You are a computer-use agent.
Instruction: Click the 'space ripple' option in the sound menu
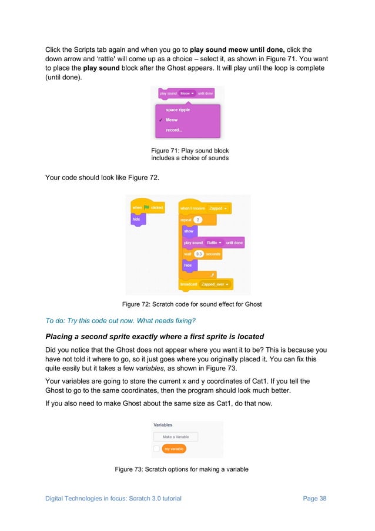pos(178,109)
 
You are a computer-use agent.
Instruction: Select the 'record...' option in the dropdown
pos(174,130)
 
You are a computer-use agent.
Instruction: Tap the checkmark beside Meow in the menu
pos(159,120)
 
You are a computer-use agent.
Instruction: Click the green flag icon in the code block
pos(147,208)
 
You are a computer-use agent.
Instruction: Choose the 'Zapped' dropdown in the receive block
pos(218,208)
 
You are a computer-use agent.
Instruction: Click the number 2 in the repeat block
pos(198,220)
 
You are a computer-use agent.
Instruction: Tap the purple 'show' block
pos(189,231)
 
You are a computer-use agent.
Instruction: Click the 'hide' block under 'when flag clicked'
pos(136,219)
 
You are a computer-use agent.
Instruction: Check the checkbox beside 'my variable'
pos(156,449)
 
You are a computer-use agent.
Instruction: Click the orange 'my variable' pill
pos(174,449)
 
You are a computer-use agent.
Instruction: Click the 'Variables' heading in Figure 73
pos(163,424)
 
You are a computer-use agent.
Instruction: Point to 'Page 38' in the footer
pos(314,499)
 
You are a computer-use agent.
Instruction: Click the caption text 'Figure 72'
pos(135,304)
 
